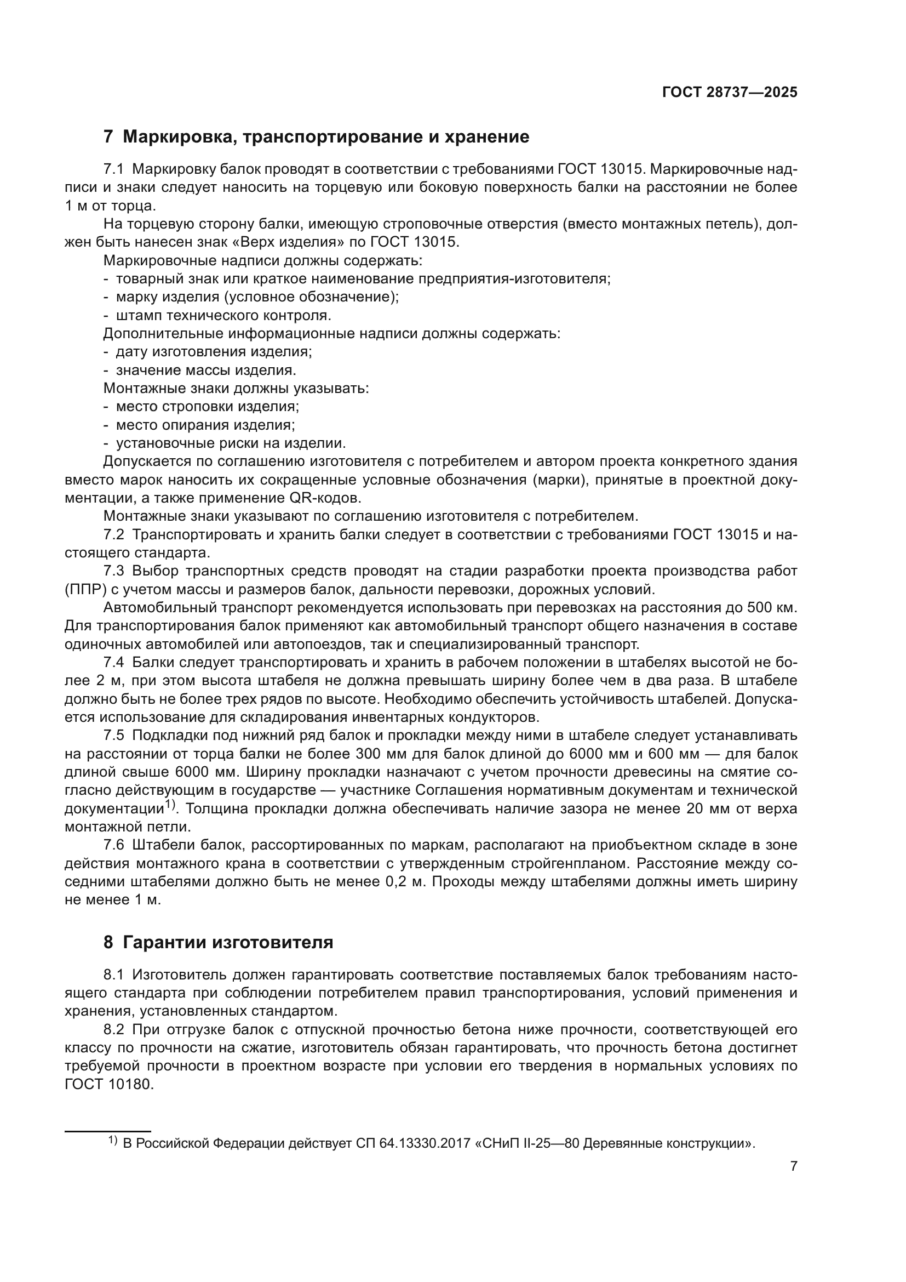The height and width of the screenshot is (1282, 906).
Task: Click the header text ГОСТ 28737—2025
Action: tap(729, 92)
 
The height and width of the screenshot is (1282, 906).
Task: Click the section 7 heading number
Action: tap(108, 137)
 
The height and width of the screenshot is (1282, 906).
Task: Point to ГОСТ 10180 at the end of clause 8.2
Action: tap(109, 1084)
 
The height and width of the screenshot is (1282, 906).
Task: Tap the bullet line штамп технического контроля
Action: tap(223, 315)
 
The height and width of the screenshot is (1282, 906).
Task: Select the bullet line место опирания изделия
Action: tap(205, 424)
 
